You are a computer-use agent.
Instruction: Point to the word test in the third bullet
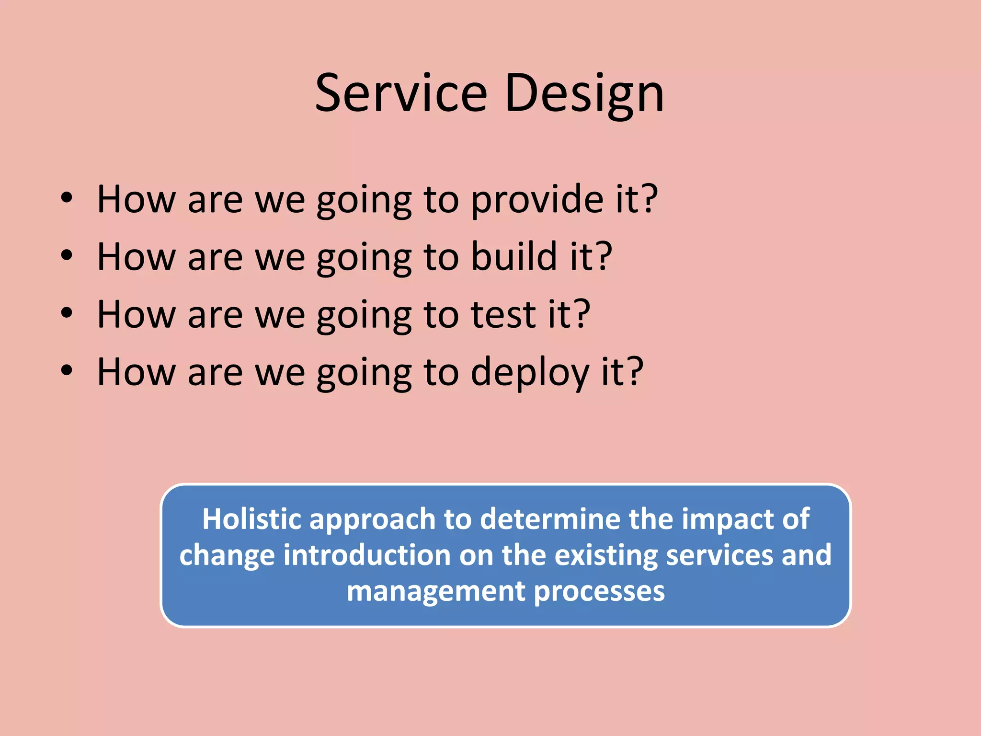tap(503, 315)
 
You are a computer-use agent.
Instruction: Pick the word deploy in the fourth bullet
tap(530, 372)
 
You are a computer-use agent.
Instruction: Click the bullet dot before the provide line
tap(67, 198)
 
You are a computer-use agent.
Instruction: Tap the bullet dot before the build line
tap(67, 255)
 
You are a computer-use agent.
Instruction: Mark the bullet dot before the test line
tap(67, 313)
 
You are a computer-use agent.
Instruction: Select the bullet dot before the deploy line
tap(67, 370)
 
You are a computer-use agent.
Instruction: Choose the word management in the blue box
tap(436, 591)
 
